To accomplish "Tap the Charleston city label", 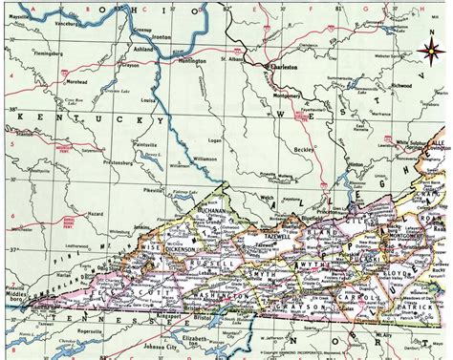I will tap(289, 69).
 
